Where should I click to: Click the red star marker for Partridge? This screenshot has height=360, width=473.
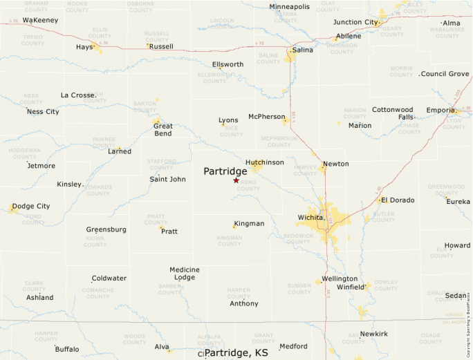coord(236,180)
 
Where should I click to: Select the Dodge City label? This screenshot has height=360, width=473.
coord(31,206)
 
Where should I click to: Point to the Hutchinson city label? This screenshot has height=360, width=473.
coord(265,162)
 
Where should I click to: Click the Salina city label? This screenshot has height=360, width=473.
coord(302,50)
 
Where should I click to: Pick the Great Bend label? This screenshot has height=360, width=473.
coord(163,130)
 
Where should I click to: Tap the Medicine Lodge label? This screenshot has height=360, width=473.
coord(184,274)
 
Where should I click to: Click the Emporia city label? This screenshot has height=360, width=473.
coord(440,110)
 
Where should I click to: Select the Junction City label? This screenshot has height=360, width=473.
coord(355,22)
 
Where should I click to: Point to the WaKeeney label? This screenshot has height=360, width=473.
coord(40,20)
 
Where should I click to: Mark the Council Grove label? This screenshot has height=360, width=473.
coord(445,74)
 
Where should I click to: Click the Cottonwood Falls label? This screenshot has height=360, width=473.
coord(393,113)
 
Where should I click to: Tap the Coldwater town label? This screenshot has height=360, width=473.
coord(109,278)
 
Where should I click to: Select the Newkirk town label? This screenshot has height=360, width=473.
coord(374,334)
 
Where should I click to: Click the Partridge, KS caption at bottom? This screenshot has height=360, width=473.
coord(236,352)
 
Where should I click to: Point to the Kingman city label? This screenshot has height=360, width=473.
coord(249,224)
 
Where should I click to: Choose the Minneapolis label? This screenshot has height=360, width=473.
coord(290,7)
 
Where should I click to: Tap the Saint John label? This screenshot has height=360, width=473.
coord(167,179)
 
